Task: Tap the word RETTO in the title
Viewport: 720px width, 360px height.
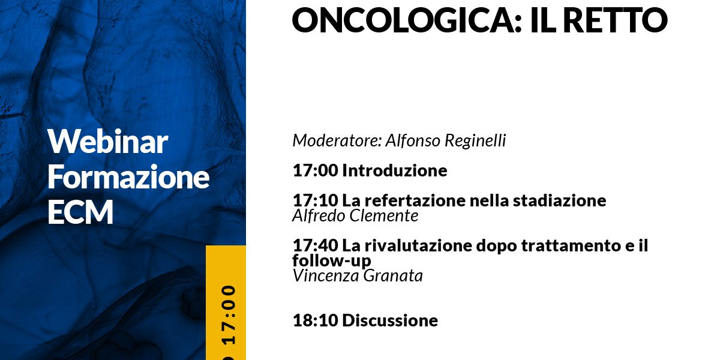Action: (x=615, y=20)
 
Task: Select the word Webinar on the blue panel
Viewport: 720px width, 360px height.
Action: (x=107, y=142)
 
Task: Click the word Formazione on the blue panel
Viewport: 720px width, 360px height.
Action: (x=128, y=176)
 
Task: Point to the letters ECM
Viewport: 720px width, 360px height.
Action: (x=80, y=211)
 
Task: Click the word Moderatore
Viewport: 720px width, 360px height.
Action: (x=337, y=140)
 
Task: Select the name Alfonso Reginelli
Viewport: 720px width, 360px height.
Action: (x=446, y=140)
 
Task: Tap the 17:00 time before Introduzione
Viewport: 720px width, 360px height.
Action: (x=316, y=170)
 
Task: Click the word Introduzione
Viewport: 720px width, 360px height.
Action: (x=394, y=170)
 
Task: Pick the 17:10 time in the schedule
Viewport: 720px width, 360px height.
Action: (x=316, y=200)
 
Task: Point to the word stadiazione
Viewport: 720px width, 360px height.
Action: (x=560, y=200)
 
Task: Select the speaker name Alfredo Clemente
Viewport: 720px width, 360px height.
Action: (x=355, y=215)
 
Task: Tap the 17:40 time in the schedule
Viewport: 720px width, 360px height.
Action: (x=316, y=245)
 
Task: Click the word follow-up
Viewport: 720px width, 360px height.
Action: (x=332, y=260)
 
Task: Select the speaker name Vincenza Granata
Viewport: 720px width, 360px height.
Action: (x=358, y=276)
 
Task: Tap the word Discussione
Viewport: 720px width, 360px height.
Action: (x=390, y=320)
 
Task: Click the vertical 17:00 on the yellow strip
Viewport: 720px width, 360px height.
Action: (x=229, y=316)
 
